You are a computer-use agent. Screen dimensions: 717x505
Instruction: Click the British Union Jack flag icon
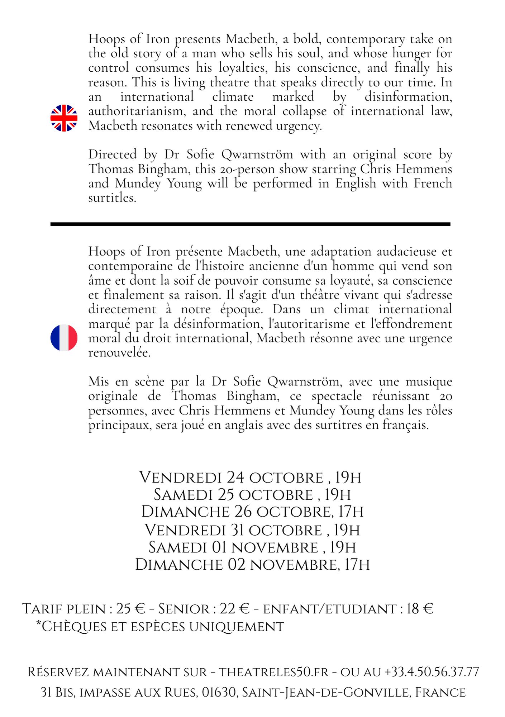point(64,118)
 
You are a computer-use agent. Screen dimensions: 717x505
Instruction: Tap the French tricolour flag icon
point(64,338)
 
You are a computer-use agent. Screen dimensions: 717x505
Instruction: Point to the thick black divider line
point(250,224)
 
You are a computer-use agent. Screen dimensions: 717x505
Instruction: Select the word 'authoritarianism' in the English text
point(137,111)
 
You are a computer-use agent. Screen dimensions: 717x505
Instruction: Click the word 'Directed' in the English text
point(113,155)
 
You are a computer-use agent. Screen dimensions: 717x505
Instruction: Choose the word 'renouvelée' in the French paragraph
point(119,353)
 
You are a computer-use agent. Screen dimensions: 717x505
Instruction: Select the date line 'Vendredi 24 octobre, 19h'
point(250,478)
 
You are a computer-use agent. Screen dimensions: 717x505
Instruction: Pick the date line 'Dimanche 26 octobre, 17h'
point(252,512)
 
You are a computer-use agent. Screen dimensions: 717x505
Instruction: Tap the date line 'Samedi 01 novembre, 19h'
point(252,547)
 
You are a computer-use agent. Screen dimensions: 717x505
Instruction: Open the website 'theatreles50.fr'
point(273,672)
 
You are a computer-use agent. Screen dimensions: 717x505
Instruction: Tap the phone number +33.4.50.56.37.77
point(432,672)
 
